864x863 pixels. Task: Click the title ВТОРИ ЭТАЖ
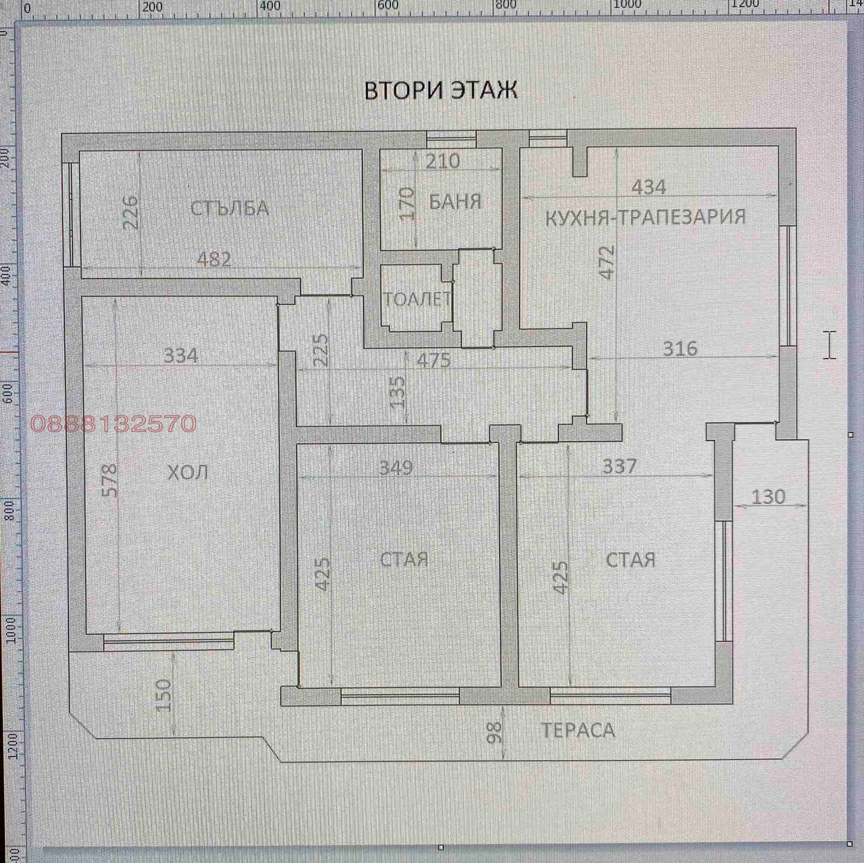pos(441,90)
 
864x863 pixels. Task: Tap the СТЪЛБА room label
pos(230,208)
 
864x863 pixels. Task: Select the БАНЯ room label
pos(455,201)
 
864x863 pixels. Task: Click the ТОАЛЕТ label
pos(417,299)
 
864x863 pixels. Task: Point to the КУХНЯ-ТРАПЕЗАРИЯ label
pos(645,217)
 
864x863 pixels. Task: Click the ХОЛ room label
pos(187,473)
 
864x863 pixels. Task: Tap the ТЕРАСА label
pos(578,730)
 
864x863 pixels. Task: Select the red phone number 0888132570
pos(113,424)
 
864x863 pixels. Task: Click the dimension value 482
pos(214,260)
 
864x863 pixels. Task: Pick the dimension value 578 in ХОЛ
pos(109,480)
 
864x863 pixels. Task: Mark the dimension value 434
pos(649,187)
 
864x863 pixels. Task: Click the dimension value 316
pos(680,349)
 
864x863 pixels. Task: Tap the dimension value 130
pos(768,497)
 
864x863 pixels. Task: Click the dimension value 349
pos(396,467)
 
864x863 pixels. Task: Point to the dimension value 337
pos(619,466)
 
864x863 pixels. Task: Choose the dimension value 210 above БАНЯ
pos(442,161)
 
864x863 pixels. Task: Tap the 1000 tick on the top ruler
pos(626,5)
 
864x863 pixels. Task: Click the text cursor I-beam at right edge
pos(830,345)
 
